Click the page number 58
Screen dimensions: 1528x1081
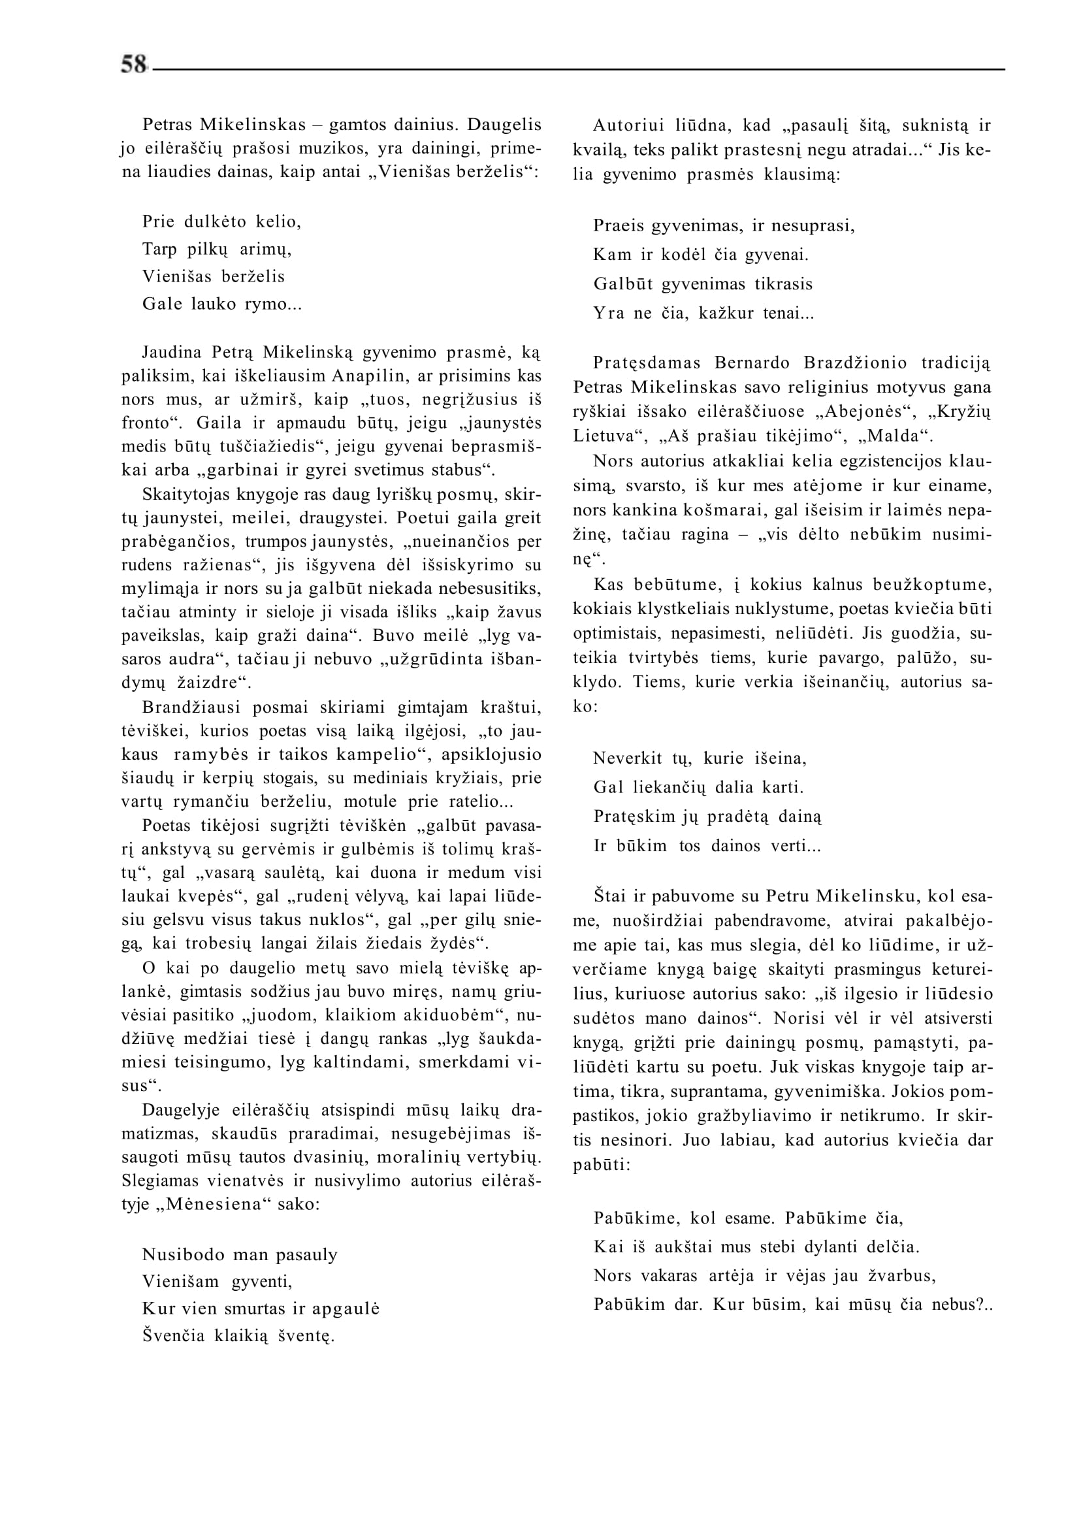click(133, 65)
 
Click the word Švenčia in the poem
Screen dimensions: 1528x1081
click(174, 1336)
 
